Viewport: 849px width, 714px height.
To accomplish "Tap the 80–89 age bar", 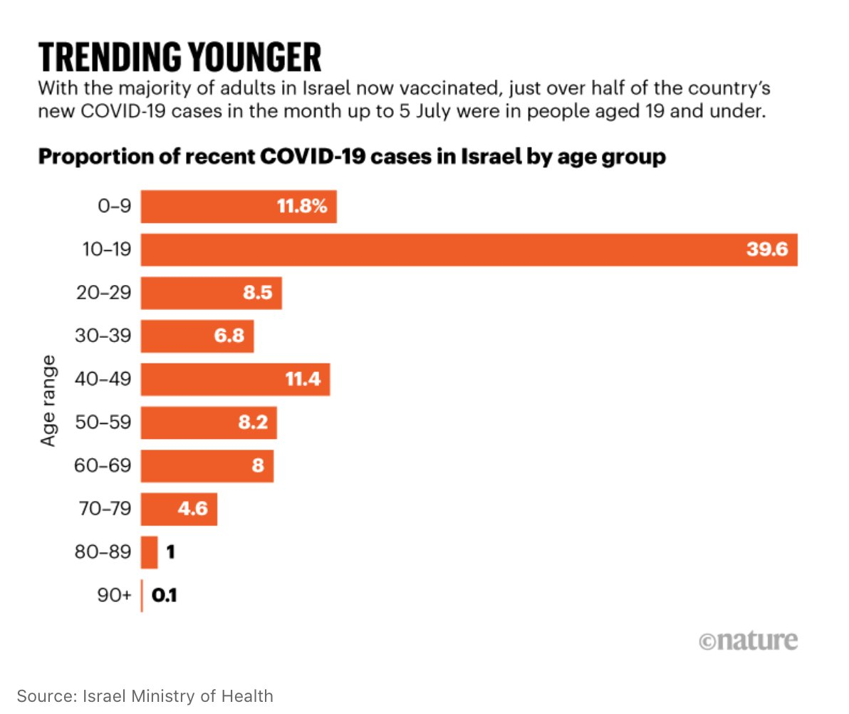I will click(149, 552).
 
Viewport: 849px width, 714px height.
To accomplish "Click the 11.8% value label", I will click(302, 207).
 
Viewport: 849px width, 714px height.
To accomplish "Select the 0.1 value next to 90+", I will click(164, 595).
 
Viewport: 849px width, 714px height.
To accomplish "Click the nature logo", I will click(748, 639).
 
